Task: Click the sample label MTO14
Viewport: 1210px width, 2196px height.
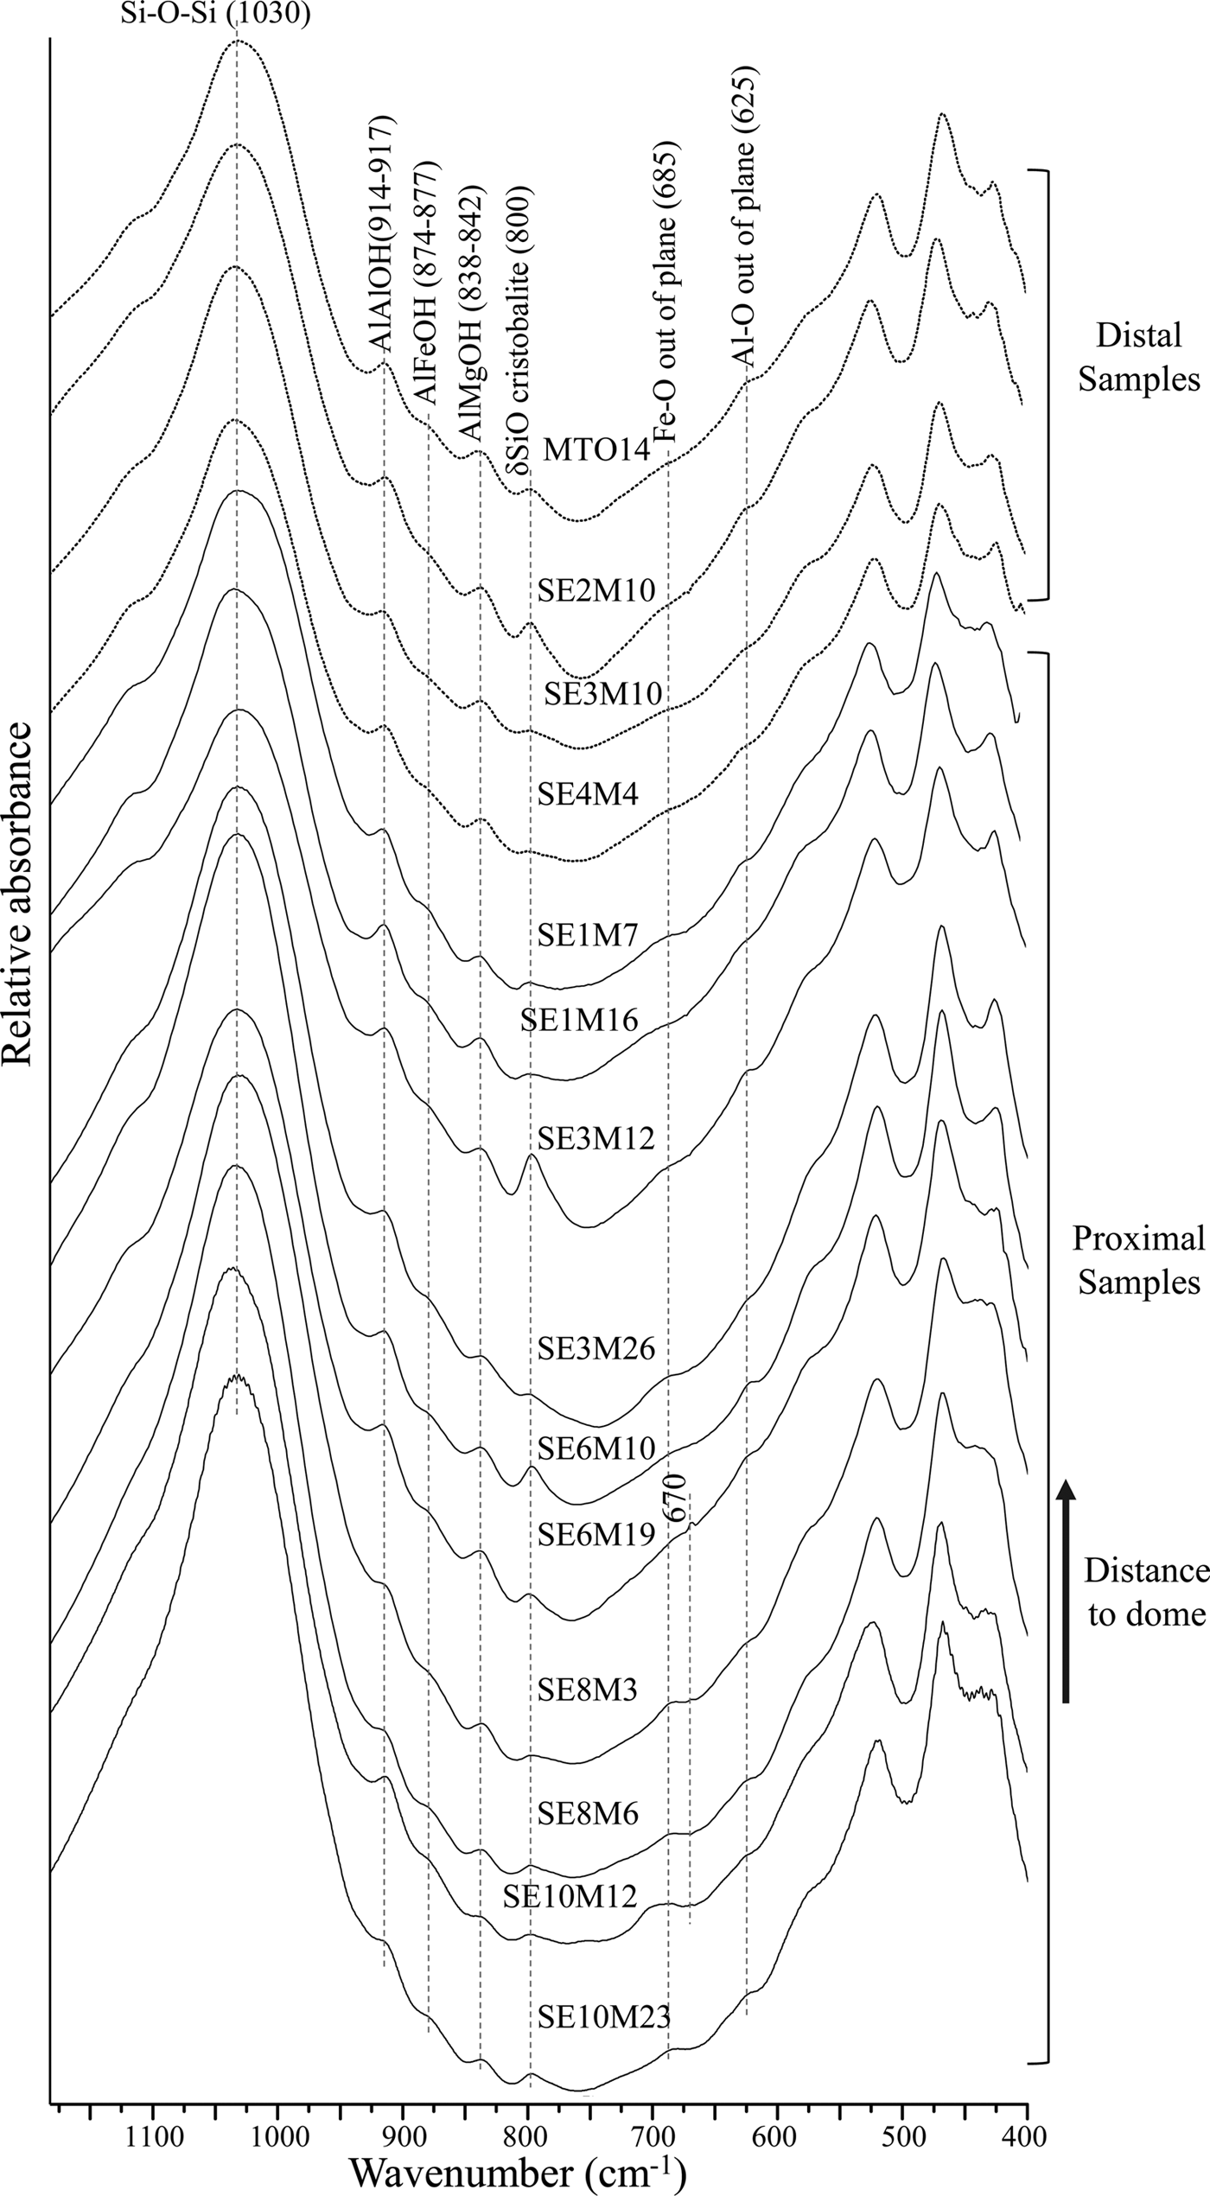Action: pyautogui.click(x=595, y=451)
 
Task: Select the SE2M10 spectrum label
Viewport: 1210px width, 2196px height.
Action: pyautogui.click(x=595, y=590)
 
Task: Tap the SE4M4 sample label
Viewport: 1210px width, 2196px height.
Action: pyautogui.click(x=588, y=794)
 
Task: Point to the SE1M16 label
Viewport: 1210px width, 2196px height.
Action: pyautogui.click(x=578, y=1021)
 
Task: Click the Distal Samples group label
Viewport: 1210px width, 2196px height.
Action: pyautogui.click(x=1138, y=357)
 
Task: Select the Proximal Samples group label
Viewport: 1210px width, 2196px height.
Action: pyautogui.click(x=1138, y=1261)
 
